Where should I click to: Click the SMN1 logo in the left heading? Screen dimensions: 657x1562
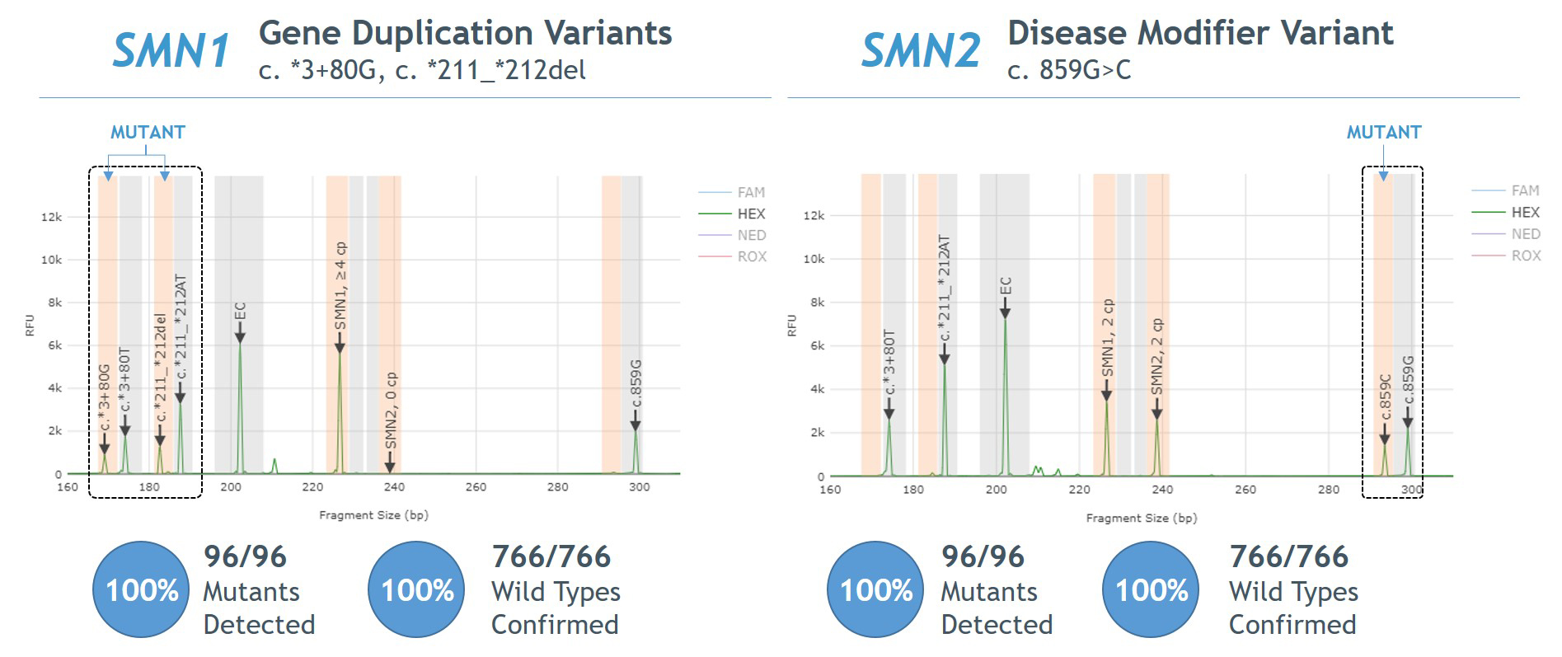pyautogui.click(x=171, y=51)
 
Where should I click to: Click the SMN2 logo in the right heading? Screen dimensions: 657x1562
pyautogui.click(x=921, y=51)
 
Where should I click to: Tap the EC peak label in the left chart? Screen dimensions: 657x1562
pyautogui.click(x=240, y=312)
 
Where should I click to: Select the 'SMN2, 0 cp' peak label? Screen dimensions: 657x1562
pyautogui.click(x=392, y=411)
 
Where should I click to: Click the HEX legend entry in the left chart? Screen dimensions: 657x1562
pyautogui.click(x=751, y=214)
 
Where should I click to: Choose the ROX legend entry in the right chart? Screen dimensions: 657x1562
pyautogui.click(x=1526, y=256)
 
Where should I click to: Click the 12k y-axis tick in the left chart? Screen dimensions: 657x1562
pyautogui.click(x=51, y=217)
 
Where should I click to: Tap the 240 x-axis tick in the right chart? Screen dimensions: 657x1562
pyautogui.click(x=1162, y=490)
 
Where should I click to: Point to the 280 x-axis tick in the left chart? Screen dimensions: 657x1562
pyautogui.click(x=557, y=487)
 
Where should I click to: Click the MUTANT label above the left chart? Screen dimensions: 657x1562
pyautogui.click(x=148, y=132)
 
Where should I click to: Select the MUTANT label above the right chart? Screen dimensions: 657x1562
pyautogui.click(x=1384, y=132)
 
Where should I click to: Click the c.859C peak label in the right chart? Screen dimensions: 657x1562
pyautogui.click(x=1386, y=397)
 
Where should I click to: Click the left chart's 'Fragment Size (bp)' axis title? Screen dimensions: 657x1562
pyautogui.click(x=373, y=515)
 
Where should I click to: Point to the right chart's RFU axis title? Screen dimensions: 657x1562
pyautogui.click(x=792, y=325)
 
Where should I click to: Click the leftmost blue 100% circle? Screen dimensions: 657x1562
pyautogui.click(x=142, y=589)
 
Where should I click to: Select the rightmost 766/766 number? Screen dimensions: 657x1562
pyautogui.click(x=1288, y=556)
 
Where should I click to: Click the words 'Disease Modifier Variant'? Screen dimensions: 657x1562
pyautogui.click(x=1200, y=33)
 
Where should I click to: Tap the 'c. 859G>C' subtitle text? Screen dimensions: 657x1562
pyautogui.click(x=1069, y=70)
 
